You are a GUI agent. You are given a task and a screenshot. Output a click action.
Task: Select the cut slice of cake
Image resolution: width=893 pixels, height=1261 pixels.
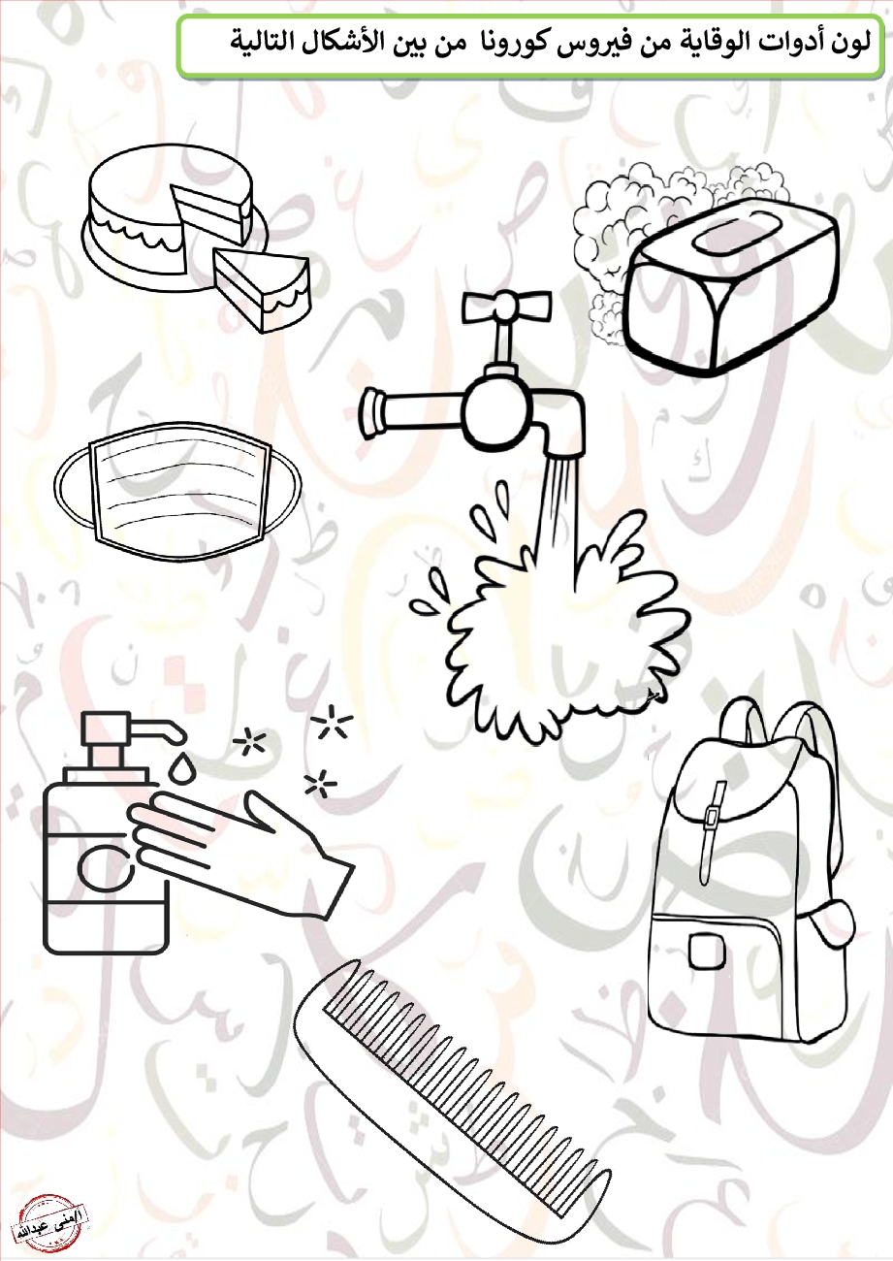pos(263,289)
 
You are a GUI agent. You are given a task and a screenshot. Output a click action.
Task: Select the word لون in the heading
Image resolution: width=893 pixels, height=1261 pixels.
pos(848,43)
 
